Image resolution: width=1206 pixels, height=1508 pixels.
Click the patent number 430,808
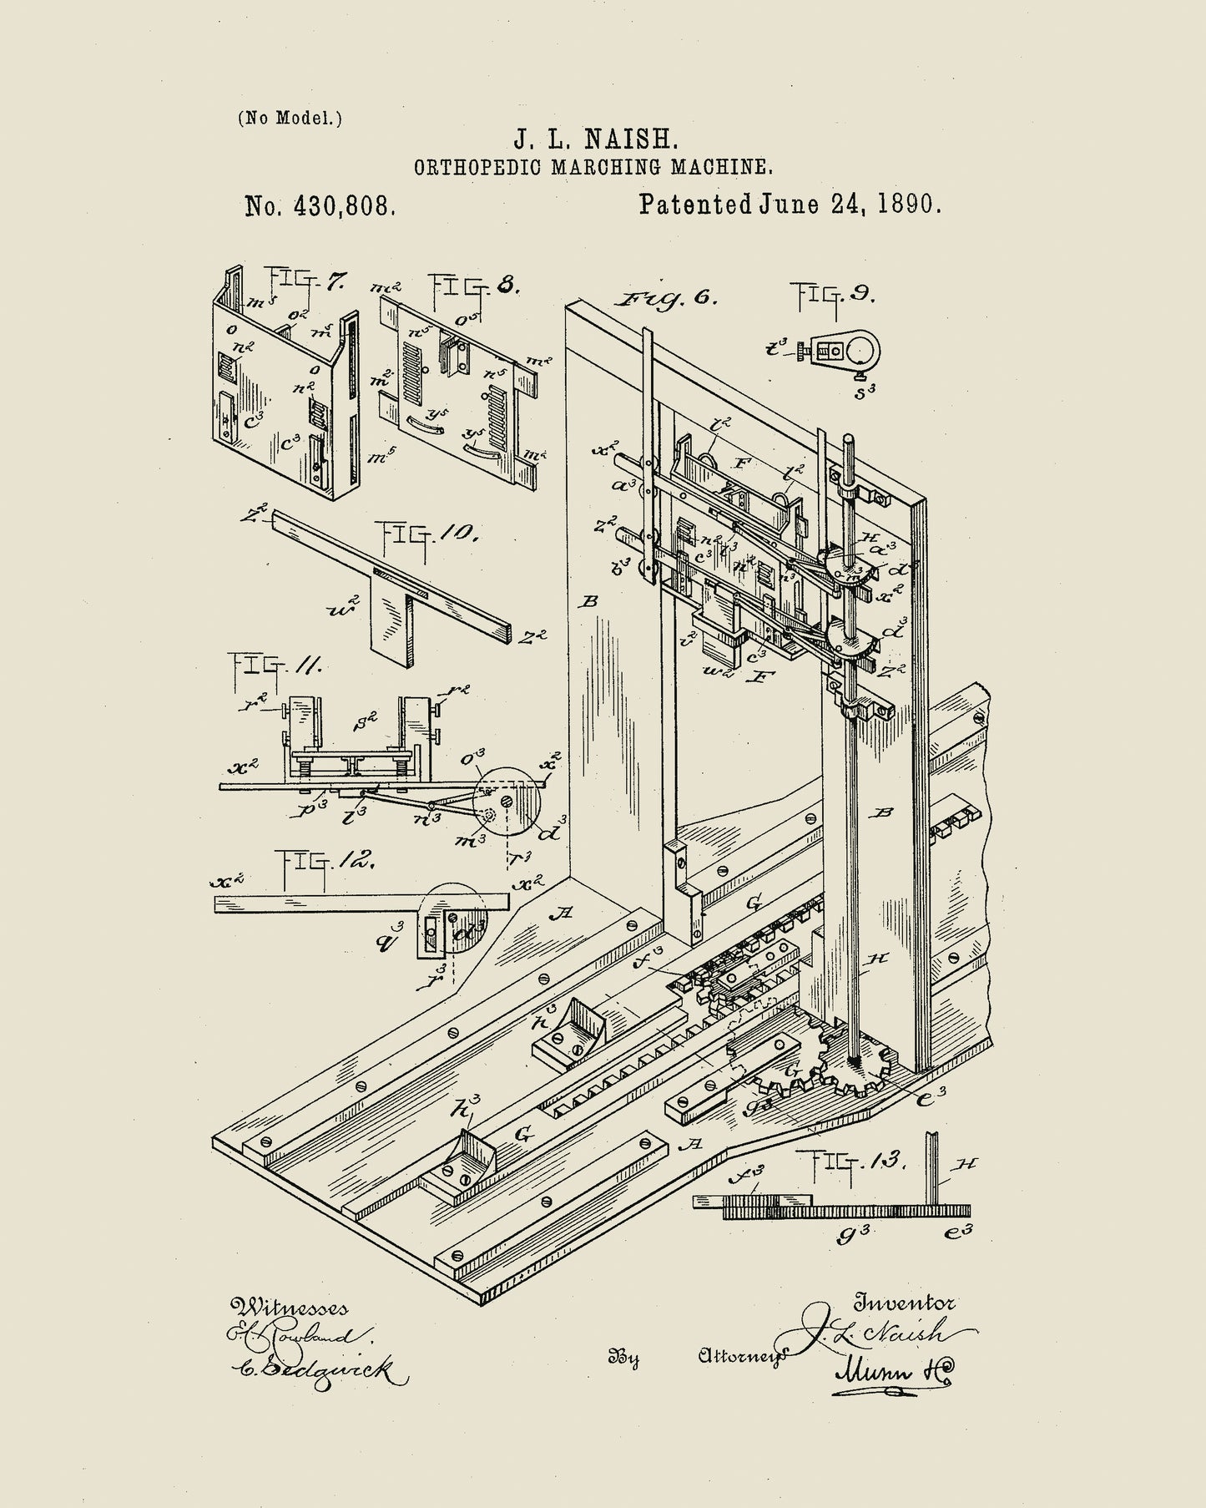point(320,206)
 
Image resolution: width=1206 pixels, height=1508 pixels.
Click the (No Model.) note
point(290,118)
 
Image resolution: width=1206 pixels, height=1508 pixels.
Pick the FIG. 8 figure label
point(475,287)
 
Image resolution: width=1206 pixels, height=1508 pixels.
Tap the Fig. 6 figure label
point(665,298)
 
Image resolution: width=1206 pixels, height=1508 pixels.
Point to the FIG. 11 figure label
point(276,665)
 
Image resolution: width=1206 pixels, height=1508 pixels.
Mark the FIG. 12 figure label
point(326,859)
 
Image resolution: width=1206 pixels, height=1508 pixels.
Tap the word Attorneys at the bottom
point(741,1356)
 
